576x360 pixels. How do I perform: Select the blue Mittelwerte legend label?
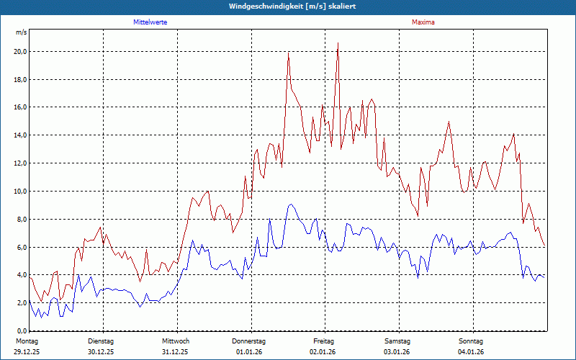150,22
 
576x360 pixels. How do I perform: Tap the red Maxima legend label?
423,22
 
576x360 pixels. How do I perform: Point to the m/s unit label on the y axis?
21,33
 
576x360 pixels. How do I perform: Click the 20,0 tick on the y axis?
20,52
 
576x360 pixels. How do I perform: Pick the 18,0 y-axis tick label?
20,80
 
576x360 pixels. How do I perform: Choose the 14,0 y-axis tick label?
20,135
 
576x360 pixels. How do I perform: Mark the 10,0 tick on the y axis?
20,192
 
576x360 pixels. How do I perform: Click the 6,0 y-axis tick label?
20,248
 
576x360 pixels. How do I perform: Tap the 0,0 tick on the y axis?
20,330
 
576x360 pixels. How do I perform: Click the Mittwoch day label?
176,341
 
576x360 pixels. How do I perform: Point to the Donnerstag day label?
249,341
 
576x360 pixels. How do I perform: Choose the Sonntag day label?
472,341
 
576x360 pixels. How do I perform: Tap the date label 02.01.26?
323,351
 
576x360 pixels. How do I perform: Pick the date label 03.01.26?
397,351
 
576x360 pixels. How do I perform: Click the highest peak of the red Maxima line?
338,43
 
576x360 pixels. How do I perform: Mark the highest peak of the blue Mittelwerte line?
290,204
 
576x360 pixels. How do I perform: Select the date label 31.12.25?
176,351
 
